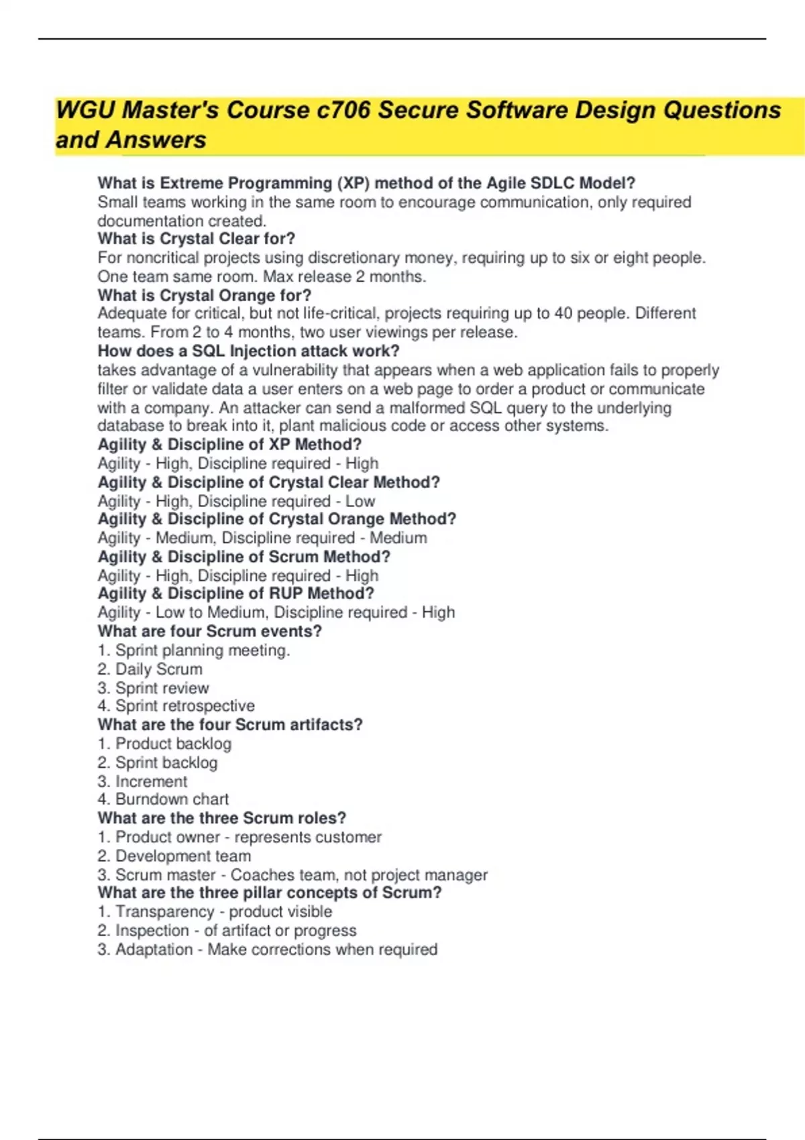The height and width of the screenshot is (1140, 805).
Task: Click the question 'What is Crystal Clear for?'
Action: (x=196, y=239)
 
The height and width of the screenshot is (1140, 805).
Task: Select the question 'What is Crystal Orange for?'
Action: (x=204, y=295)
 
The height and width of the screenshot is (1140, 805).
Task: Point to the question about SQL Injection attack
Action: (x=248, y=351)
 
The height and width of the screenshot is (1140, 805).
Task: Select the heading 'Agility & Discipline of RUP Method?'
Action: (x=235, y=593)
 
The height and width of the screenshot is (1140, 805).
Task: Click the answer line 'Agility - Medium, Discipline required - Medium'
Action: (x=262, y=538)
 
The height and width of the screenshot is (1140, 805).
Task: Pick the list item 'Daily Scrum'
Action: (x=158, y=669)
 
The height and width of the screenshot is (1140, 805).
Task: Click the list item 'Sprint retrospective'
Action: (x=184, y=705)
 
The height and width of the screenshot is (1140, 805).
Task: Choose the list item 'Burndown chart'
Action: (x=172, y=799)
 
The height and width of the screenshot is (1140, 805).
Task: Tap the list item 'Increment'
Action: (x=151, y=781)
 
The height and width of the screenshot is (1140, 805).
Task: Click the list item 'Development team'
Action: (x=183, y=856)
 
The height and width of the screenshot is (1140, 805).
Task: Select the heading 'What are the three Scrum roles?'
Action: (x=221, y=818)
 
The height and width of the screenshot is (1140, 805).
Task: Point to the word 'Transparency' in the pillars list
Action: (x=155, y=912)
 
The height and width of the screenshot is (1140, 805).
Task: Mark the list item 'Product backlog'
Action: (x=173, y=744)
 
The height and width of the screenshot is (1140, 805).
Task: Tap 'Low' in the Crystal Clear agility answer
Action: (x=360, y=501)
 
